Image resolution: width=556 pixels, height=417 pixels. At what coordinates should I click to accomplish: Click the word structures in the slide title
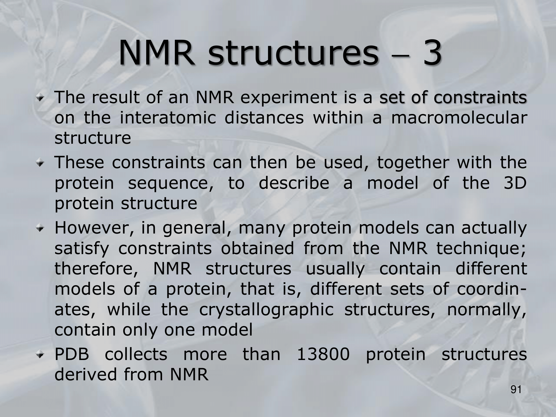pos(293,53)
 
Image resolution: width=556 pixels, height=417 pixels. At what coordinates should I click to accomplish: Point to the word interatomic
pos(168,118)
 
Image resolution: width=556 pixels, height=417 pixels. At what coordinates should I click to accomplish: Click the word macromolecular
pos(459,118)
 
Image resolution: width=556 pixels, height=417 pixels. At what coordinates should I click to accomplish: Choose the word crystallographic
pos(266,310)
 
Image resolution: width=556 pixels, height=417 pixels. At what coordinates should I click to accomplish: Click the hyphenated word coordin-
pos(492,289)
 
